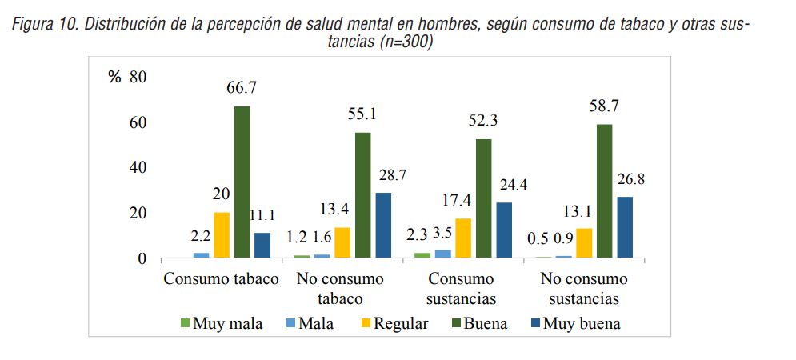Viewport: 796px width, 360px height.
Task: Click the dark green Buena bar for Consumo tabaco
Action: (x=242, y=182)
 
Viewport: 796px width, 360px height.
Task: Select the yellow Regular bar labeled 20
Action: (x=222, y=235)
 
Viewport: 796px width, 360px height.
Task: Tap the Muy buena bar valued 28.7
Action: (x=383, y=226)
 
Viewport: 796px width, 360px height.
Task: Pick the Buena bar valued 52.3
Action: (x=483, y=198)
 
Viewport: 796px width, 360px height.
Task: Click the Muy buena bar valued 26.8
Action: (x=624, y=227)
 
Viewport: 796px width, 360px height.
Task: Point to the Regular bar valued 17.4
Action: (x=463, y=238)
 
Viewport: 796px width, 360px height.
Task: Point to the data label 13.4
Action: (x=342, y=210)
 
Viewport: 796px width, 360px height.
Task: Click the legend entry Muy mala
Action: (x=221, y=324)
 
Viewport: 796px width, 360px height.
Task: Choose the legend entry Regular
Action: (x=393, y=324)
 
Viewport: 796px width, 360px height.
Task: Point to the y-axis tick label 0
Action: (x=143, y=259)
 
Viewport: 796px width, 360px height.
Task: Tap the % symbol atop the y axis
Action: (x=114, y=77)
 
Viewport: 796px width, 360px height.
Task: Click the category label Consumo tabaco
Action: (x=221, y=279)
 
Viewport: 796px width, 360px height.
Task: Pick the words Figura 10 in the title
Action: (x=44, y=25)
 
